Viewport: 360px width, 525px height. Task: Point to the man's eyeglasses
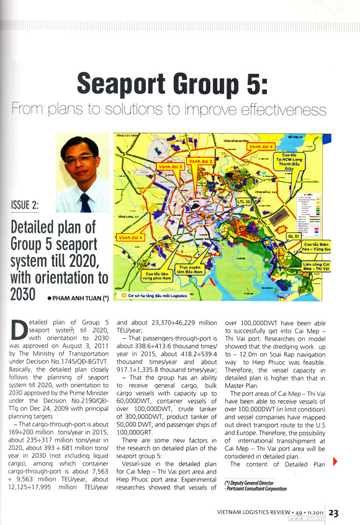point(80,159)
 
